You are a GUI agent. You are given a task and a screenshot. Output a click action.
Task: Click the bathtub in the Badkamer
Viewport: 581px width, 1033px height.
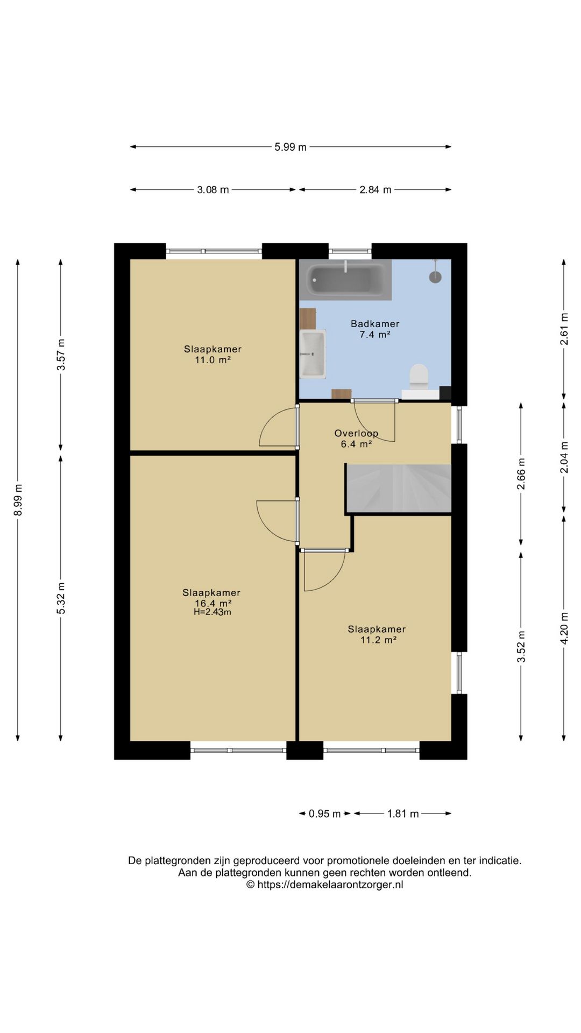[x=345, y=280]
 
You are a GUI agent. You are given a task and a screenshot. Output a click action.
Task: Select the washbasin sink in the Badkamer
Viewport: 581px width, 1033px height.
[x=313, y=353]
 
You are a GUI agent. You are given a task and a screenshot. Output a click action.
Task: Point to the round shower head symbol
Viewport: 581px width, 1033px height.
[x=435, y=277]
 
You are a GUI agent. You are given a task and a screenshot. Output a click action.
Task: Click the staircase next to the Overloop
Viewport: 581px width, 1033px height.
[x=399, y=488]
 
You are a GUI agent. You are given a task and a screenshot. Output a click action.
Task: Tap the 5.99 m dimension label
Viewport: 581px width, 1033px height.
[x=290, y=147]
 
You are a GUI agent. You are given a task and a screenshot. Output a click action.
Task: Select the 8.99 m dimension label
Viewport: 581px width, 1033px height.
[x=18, y=500]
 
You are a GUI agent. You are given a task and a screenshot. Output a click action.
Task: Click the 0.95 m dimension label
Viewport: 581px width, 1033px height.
[x=324, y=813]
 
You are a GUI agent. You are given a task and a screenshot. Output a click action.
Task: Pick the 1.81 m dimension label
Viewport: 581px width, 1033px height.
[x=403, y=813]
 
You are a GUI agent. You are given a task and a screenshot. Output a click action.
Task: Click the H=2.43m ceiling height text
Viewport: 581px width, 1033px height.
[x=212, y=612]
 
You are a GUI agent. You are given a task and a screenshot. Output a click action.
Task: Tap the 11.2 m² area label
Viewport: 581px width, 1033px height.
[x=379, y=640]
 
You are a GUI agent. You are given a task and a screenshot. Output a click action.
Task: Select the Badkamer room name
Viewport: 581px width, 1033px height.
[x=375, y=323]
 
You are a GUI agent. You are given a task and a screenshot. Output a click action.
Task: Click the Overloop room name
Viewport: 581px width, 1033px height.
[x=356, y=433]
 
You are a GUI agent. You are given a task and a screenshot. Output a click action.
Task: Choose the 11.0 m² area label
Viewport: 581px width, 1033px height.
[x=212, y=360]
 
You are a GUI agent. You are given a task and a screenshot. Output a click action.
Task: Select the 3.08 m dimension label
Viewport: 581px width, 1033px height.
[x=213, y=189]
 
